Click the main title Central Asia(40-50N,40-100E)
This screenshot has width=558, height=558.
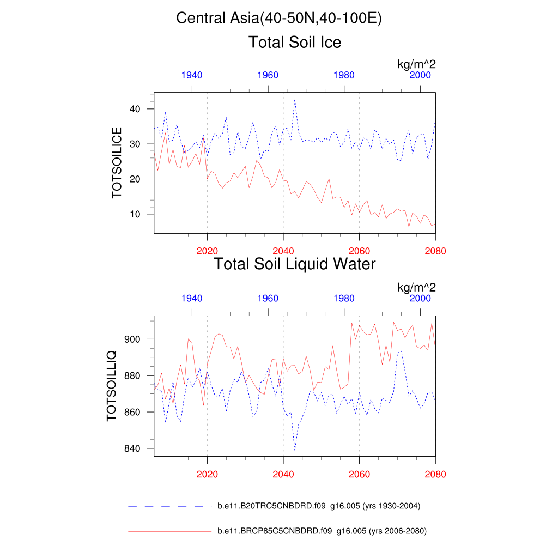pyautogui.click(x=279, y=18)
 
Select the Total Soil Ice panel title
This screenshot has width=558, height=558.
pyautogui.click(x=295, y=42)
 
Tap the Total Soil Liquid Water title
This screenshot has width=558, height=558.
pyautogui.click(x=295, y=264)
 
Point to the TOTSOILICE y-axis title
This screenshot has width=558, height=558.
pyautogui.click(x=117, y=162)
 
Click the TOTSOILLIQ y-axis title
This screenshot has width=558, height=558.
pyautogui.click(x=111, y=386)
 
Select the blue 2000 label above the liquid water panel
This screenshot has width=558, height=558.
pyautogui.click(x=420, y=298)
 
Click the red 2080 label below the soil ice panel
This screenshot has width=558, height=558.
pyautogui.click(x=435, y=251)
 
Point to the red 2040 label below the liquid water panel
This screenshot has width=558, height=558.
pyautogui.click(x=283, y=474)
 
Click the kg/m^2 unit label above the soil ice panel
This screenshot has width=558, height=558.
pyautogui.click(x=416, y=64)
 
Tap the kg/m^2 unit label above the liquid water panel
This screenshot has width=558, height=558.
pyautogui.click(x=416, y=287)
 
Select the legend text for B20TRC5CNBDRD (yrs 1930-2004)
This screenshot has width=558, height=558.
pyautogui.click(x=318, y=506)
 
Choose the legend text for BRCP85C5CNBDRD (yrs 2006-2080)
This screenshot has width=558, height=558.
pyautogui.click(x=322, y=531)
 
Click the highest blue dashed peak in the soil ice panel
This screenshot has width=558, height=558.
pyautogui.click(x=295, y=100)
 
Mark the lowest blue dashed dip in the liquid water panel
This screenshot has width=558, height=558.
pyautogui.click(x=295, y=450)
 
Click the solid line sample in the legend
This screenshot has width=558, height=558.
pyautogui.click(x=169, y=531)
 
